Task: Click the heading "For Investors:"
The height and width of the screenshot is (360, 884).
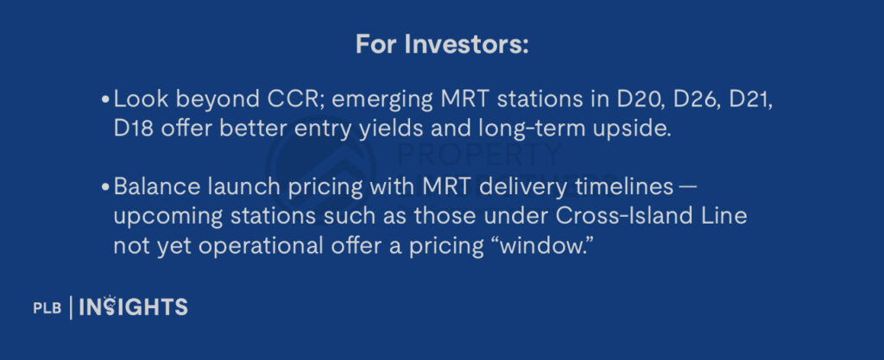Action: (x=442, y=45)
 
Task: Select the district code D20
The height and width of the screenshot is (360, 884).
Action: (x=635, y=99)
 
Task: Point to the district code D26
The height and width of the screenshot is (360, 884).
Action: (x=698, y=99)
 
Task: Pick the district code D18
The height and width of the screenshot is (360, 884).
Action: (x=134, y=129)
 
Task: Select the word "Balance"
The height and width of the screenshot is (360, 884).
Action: (x=148, y=187)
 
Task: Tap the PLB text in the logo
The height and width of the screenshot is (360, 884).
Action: (x=47, y=307)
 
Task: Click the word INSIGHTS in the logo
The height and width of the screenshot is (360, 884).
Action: (x=133, y=306)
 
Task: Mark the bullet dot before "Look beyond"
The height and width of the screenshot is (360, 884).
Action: (x=105, y=100)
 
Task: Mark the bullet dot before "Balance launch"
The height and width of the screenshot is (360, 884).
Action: (x=105, y=187)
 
